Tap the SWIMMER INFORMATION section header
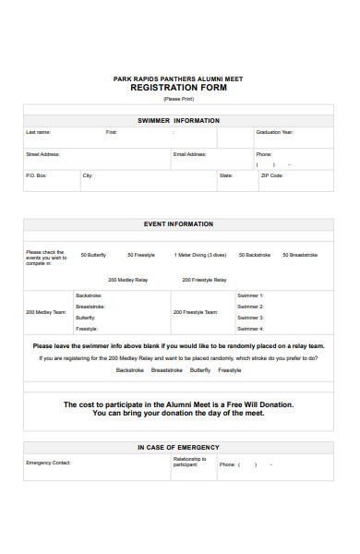(x=178, y=120)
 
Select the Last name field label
(x=39, y=132)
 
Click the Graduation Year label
(x=274, y=132)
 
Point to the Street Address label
(x=42, y=154)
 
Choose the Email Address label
(x=189, y=154)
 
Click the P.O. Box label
(x=36, y=175)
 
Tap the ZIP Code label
(x=272, y=175)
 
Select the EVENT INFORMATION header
(x=178, y=223)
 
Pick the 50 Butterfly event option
(x=93, y=255)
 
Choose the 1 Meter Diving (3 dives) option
(x=200, y=255)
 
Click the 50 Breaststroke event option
(x=299, y=255)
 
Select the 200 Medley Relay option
(x=126, y=279)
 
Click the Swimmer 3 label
(x=250, y=318)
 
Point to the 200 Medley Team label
(x=46, y=312)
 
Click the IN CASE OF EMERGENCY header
(x=178, y=447)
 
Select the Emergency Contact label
(x=48, y=463)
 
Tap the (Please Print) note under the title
(x=178, y=99)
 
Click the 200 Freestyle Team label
(x=196, y=312)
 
